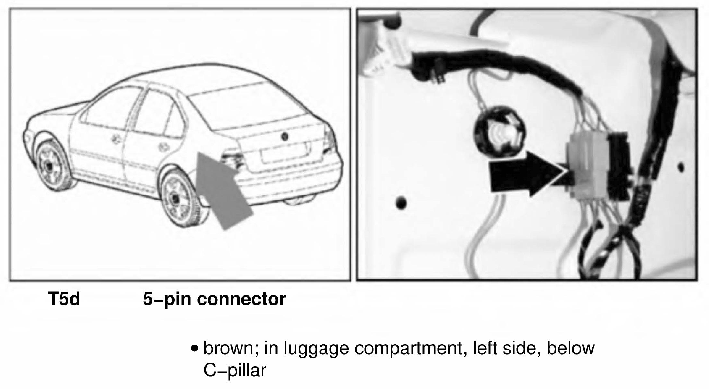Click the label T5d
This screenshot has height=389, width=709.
pyautogui.click(x=64, y=299)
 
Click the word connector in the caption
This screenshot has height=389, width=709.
pyautogui.click(x=241, y=299)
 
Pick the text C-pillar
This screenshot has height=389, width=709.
pyautogui.click(x=234, y=370)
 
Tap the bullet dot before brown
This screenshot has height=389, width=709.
pyautogui.click(x=194, y=349)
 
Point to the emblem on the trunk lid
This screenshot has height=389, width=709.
pyautogui.click(x=284, y=136)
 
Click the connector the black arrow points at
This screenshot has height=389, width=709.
pyautogui.click(x=584, y=168)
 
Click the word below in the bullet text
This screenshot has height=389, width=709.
pyautogui.click(x=570, y=348)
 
